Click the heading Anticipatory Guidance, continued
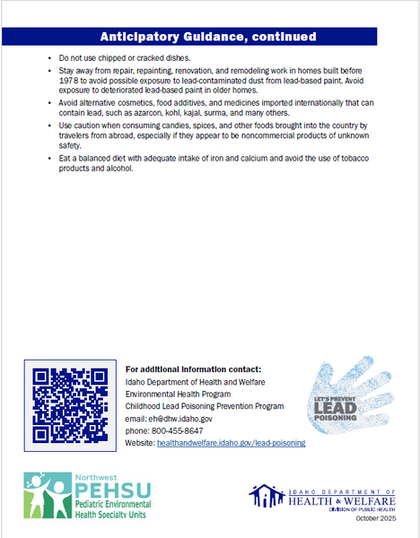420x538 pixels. (x=207, y=37)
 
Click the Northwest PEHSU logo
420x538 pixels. (x=88, y=496)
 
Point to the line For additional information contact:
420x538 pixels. (x=193, y=369)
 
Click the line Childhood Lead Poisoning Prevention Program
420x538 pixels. (x=205, y=406)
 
